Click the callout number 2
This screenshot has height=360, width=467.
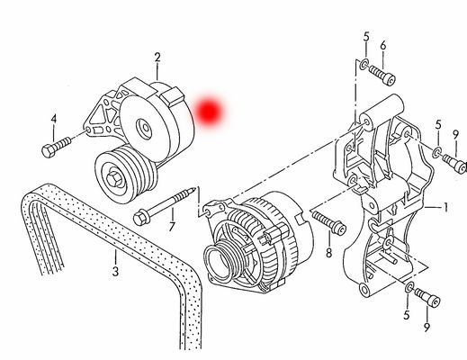coord(157,58)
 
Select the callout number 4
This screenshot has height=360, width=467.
coord(54,119)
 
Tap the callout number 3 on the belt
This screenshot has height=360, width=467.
coord(115,272)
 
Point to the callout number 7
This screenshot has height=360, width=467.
coord(172,227)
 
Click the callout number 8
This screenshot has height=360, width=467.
coord(329,253)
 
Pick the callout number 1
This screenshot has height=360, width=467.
coord(445,207)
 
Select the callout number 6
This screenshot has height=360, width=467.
coord(383,46)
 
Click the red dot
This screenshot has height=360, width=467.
coord(210,111)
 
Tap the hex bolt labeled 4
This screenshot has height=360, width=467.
coord(57,147)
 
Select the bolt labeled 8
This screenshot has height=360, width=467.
coord(329,222)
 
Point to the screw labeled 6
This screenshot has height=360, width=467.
coord(382,75)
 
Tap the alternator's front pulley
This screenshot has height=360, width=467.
coord(219,262)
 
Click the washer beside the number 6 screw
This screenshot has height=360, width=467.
coord(364,65)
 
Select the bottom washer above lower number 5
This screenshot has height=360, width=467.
coord(409,287)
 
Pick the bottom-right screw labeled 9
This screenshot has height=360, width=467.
coord(427,297)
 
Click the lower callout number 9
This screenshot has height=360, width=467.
coord(427,327)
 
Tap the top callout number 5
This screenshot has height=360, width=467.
coord(366,37)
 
